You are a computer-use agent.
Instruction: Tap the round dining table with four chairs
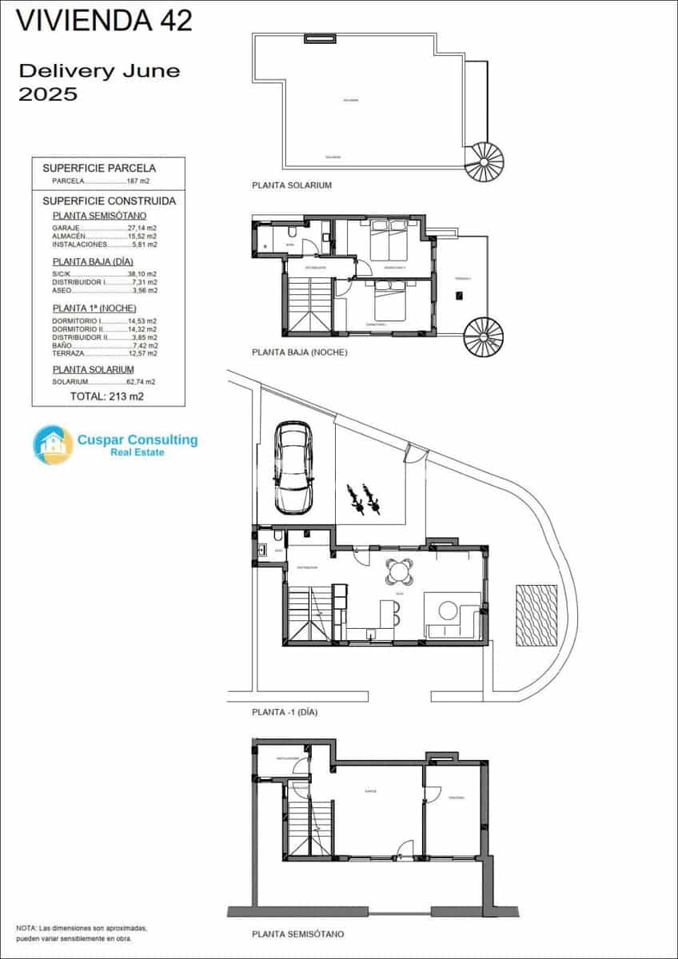(x=398, y=571)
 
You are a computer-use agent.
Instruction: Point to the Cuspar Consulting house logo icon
(x=53, y=445)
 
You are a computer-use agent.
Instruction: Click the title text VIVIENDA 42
(x=105, y=21)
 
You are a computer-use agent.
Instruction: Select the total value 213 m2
(x=107, y=396)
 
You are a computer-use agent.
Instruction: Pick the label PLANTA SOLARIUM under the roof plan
(x=291, y=185)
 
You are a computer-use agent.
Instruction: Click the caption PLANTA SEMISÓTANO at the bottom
(x=297, y=933)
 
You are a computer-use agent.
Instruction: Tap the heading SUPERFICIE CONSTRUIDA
(x=109, y=201)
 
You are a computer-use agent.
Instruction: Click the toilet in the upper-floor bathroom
(x=292, y=233)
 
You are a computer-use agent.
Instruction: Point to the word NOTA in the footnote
(x=26, y=929)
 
